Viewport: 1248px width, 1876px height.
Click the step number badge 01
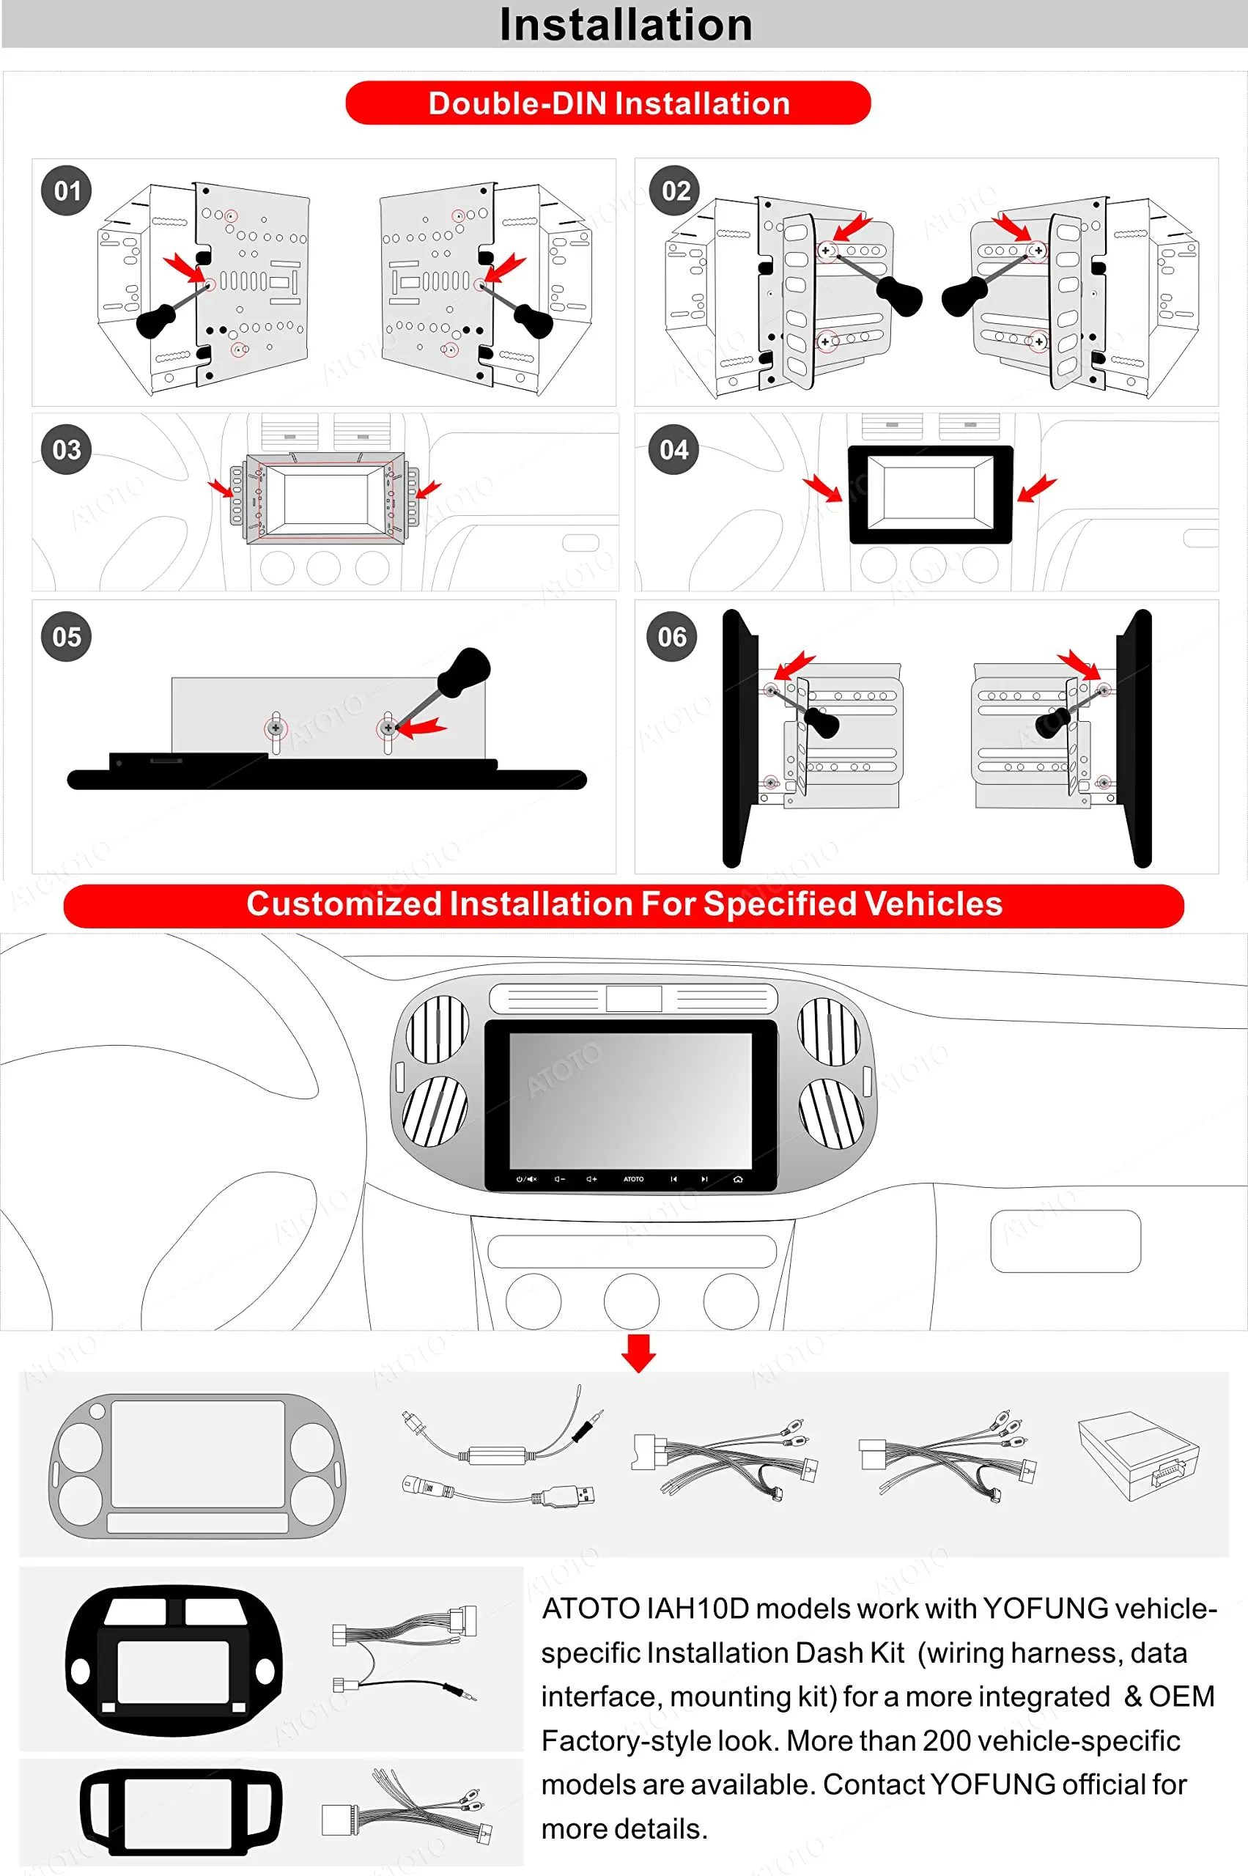click(67, 191)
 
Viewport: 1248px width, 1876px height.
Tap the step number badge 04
click(674, 450)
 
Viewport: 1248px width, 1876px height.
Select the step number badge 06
click(673, 637)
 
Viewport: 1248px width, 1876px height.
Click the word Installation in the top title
click(626, 25)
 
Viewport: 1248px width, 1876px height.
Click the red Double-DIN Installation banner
click(608, 103)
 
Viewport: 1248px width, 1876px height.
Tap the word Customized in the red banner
click(344, 904)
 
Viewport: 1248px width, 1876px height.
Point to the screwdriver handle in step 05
click(464, 671)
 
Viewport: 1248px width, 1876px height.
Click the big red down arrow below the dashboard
click(638, 1353)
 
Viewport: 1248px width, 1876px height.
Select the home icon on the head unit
click(738, 1179)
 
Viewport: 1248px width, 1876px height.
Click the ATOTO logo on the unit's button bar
click(634, 1179)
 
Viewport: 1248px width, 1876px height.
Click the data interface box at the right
click(1138, 1457)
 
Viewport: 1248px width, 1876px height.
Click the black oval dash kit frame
click(174, 1661)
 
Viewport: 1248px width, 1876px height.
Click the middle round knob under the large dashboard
click(631, 1301)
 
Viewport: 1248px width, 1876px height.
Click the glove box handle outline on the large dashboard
click(1065, 1241)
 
